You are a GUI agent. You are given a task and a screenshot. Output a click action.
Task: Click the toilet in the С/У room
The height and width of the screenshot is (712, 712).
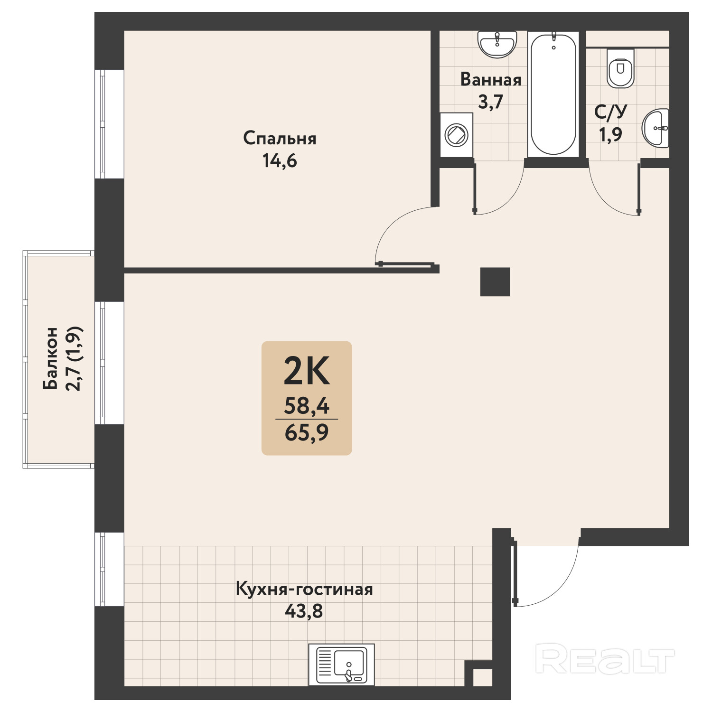[x=621, y=68]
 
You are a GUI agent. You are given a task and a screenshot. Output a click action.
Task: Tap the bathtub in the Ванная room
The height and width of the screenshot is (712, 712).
[x=553, y=94]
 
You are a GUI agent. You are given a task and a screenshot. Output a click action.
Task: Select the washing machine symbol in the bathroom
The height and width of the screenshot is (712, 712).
[x=456, y=135]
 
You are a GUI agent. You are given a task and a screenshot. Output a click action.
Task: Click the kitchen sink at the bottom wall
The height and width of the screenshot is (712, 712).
[x=342, y=665]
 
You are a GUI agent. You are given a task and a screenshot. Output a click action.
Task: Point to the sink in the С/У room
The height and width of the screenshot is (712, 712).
[x=656, y=128]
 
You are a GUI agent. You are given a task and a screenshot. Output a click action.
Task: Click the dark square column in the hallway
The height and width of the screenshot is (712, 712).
[x=495, y=282]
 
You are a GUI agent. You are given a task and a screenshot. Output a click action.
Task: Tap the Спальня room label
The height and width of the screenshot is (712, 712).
[x=280, y=139]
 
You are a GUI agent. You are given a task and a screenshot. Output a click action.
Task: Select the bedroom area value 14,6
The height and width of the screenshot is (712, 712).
[x=280, y=161]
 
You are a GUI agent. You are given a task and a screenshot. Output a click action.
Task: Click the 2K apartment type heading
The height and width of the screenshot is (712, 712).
[x=306, y=371]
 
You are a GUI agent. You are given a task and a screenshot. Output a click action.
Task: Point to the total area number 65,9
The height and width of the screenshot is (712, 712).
[x=307, y=433]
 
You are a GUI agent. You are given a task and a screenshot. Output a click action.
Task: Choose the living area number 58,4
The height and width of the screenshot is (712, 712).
[x=307, y=406]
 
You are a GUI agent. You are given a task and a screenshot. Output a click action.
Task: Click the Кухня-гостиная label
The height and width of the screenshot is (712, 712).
[x=304, y=589]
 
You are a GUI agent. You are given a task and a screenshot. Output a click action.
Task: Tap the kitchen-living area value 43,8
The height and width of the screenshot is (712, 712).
[x=304, y=611]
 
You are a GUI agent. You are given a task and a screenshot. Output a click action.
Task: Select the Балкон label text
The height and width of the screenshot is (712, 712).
[x=50, y=358]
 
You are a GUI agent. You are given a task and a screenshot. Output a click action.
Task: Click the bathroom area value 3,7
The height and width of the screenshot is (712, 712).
[x=490, y=102]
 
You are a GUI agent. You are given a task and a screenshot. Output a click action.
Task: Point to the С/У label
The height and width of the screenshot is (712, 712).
[x=611, y=112]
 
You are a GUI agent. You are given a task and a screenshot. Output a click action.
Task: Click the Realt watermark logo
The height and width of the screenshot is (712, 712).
[x=605, y=658]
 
